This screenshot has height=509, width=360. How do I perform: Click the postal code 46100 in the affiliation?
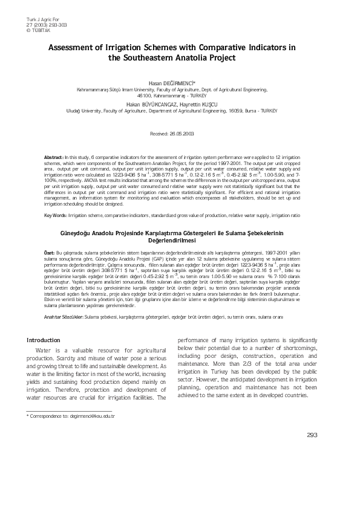[144, 96]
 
